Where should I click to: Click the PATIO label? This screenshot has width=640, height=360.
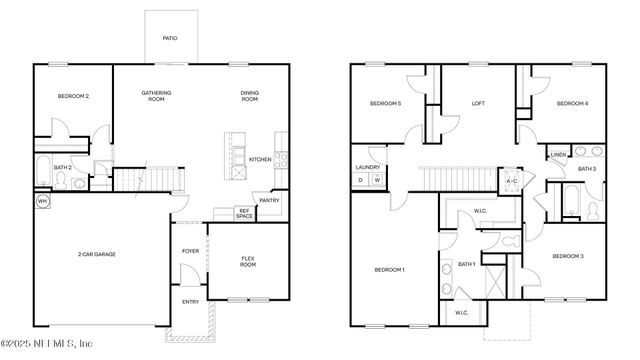coord(171,39)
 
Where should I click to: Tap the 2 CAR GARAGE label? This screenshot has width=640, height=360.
coord(97,255)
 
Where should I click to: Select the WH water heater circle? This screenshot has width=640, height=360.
coord(42,201)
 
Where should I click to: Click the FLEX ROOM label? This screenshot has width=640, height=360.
coord(248,262)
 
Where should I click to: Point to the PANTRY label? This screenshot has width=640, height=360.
coord(269,200)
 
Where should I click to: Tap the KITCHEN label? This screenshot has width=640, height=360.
coord(260,159)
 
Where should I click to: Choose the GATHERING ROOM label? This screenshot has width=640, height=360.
coord(156,96)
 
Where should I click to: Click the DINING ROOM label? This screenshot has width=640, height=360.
coord(249,96)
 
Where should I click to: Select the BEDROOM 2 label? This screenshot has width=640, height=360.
coord(73,96)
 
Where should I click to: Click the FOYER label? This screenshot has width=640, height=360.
coord(190,251)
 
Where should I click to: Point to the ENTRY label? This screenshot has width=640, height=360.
coord(190,301)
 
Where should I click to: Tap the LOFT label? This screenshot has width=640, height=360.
coord(478,102)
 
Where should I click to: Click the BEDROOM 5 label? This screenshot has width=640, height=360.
coord(385,103)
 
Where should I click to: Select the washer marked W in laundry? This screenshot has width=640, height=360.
coord(378,180)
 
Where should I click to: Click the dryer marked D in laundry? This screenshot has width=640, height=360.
coord(361,180)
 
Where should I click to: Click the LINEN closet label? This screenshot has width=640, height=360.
coord(558,155)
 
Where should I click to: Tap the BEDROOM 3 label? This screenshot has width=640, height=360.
coord(568,257)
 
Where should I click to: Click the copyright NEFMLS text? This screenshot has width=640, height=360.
coord(61,347)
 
